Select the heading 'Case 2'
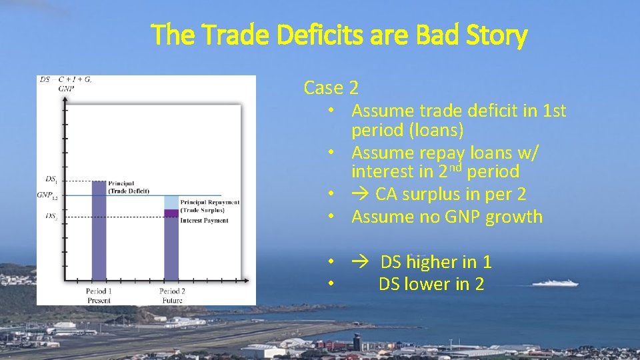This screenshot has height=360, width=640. (331, 87)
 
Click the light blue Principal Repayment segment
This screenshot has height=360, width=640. (171, 202)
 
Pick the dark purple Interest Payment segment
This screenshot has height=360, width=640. (171, 213)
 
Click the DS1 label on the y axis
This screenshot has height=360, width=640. (51, 179)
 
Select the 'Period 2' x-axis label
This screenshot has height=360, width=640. (172, 291)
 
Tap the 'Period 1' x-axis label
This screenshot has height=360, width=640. (99, 291)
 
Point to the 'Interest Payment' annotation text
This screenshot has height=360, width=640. (204, 220)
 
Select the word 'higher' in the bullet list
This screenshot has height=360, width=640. (436, 262)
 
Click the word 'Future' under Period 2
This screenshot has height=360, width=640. (172, 301)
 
